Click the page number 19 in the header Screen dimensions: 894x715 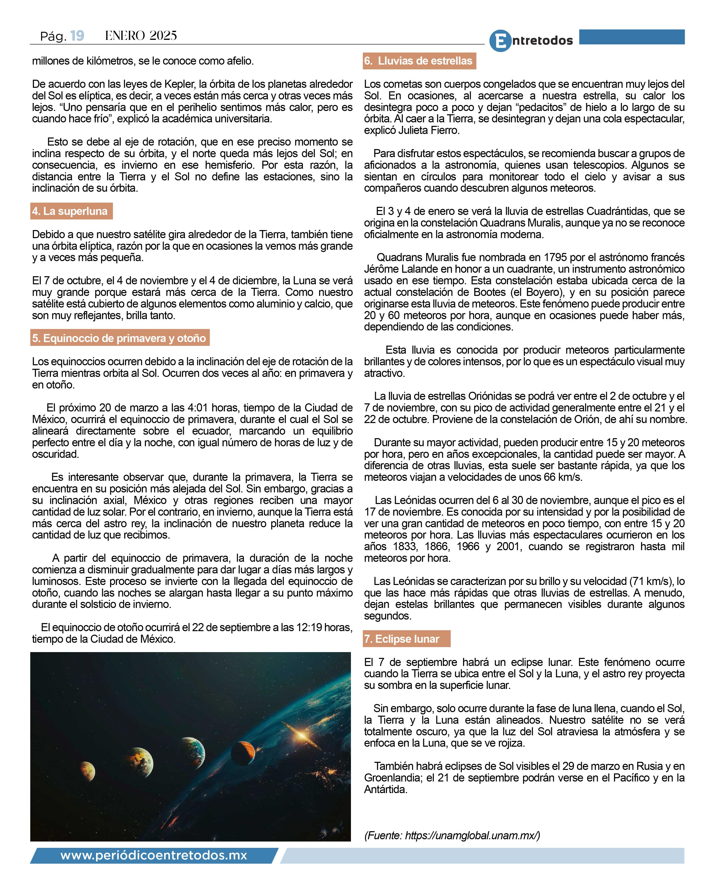point(77,36)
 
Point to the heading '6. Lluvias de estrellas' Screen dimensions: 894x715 point(419,61)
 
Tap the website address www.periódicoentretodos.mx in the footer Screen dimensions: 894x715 point(153,855)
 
